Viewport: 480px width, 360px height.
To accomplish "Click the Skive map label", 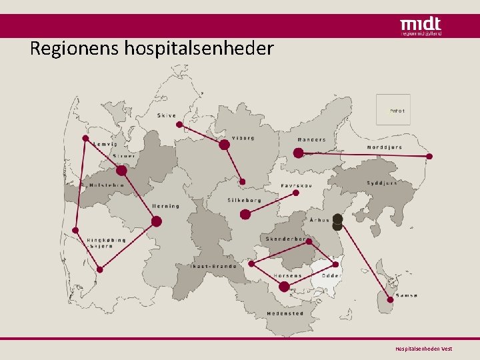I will coord(167,115).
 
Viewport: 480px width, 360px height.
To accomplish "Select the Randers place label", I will coord(311,140).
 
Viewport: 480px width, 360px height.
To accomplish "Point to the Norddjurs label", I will coord(385,147).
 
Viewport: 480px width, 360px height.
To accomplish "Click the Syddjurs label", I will coord(381,183).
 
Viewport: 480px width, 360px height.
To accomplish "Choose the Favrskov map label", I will coord(296,185).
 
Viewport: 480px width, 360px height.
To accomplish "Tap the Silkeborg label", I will coord(244,200).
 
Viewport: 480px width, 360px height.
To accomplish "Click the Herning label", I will coord(165,206).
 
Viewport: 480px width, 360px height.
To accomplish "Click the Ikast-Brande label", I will coord(213,266).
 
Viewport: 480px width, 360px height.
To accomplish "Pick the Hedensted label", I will coord(285,313).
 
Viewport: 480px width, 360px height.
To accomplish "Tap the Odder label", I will coord(331,275).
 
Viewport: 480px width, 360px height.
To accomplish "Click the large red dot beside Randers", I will coord(298,153).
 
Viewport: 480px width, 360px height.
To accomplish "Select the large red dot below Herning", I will coord(157,221).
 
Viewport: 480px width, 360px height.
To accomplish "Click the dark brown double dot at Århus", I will coord(337,222).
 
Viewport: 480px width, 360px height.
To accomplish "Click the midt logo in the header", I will coord(420,26).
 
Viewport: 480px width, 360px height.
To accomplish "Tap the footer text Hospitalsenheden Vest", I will coord(423,349).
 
